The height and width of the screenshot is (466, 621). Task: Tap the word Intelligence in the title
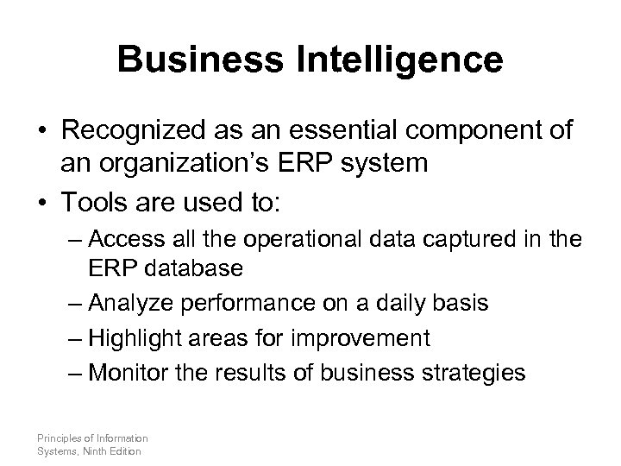click(x=395, y=60)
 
